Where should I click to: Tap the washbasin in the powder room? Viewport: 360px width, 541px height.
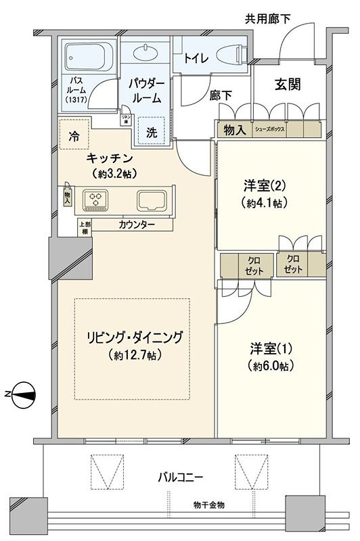[x=145, y=52]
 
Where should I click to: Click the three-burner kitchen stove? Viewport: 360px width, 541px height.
[x=95, y=199]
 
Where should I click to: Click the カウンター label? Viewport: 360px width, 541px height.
[x=136, y=224]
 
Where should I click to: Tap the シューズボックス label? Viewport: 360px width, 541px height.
[x=269, y=128]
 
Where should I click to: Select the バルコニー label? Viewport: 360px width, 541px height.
[x=181, y=477]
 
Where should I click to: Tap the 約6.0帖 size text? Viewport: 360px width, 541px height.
[x=269, y=366]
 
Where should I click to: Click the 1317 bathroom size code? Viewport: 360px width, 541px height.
[x=76, y=101]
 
